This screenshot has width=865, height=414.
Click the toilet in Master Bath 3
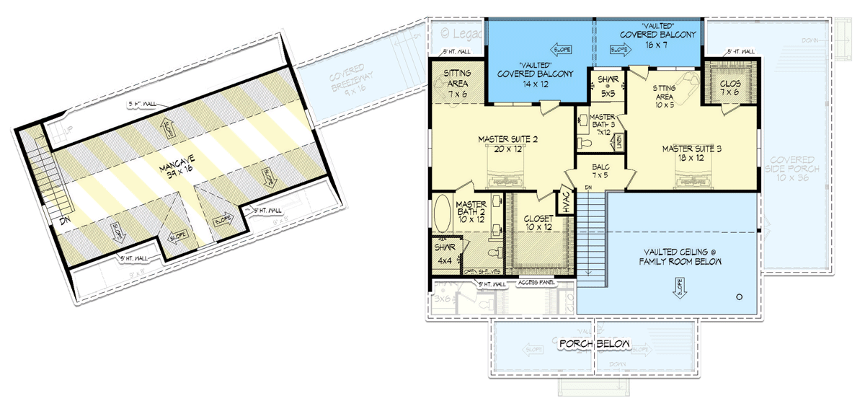click(587, 144)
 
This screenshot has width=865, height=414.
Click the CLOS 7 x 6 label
click(730, 88)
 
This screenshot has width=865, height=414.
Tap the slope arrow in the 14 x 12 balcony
click(561, 50)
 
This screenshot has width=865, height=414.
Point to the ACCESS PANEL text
click(538, 283)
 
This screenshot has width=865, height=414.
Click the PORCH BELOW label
click(595, 344)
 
